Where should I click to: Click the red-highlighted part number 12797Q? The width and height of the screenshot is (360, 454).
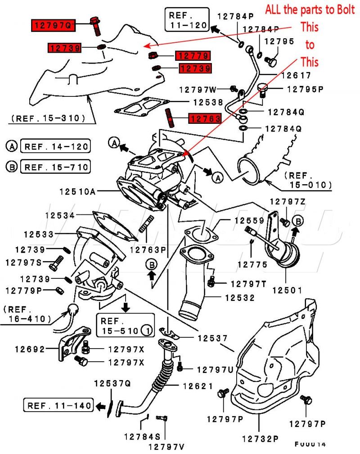52,25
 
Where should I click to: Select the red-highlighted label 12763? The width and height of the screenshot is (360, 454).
205,119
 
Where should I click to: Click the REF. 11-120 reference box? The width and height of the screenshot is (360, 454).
187,19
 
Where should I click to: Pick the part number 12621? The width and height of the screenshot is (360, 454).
198,386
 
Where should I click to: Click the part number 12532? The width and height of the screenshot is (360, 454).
240,298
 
